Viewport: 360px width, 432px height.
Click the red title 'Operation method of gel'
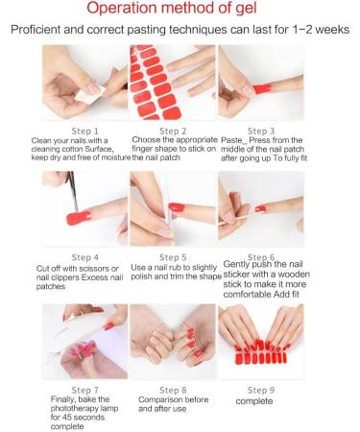click(x=180, y=10)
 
